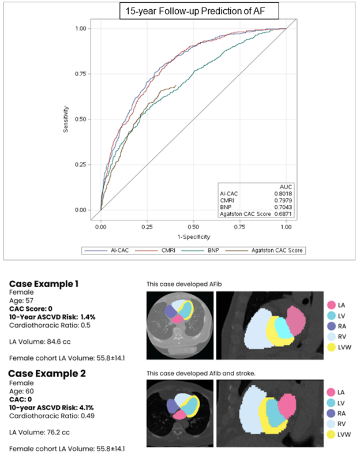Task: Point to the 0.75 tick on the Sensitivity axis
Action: (x=81, y=74)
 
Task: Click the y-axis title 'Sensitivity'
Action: (x=67, y=119)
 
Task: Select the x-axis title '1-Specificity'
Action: (x=194, y=236)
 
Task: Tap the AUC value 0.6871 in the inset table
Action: (x=283, y=213)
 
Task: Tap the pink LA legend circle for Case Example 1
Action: (x=331, y=305)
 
